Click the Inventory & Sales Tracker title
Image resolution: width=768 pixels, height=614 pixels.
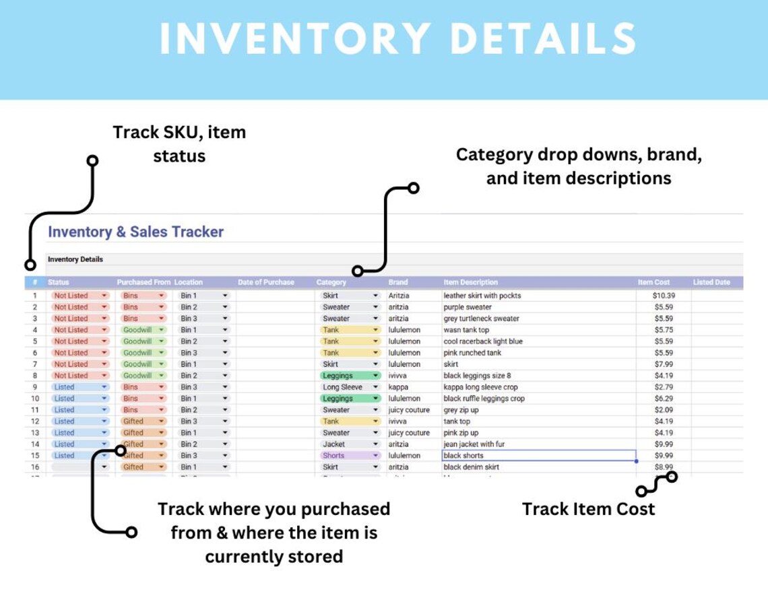click(x=135, y=232)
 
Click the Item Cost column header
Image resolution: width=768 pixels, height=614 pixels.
click(x=653, y=282)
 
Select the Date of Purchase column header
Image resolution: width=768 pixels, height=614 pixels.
click(x=265, y=282)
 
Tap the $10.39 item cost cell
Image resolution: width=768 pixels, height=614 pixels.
click(x=664, y=296)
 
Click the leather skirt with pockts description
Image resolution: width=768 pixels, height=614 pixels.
click(x=482, y=296)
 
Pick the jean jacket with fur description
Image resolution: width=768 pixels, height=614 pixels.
click(x=474, y=444)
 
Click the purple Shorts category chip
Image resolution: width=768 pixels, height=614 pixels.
click(x=334, y=456)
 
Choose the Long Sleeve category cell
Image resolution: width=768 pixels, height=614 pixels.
click(x=342, y=387)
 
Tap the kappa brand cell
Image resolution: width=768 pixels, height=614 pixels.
click(x=398, y=387)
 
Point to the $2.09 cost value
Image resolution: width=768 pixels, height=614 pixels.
click(x=664, y=410)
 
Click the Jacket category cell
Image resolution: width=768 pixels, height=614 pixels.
click(x=334, y=444)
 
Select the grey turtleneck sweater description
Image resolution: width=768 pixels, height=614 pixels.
click(x=481, y=318)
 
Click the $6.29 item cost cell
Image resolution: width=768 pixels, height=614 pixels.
click(x=664, y=399)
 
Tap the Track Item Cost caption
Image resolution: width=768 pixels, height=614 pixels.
click(x=588, y=509)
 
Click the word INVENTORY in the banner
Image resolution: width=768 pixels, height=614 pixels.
click(x=295, y=39)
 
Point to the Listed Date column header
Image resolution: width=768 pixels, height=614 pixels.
click(x=711, y=282)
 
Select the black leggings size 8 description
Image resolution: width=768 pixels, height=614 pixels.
click(x=477, y=376)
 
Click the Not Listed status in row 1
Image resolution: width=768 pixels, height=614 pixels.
click(x=71, y=296)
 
